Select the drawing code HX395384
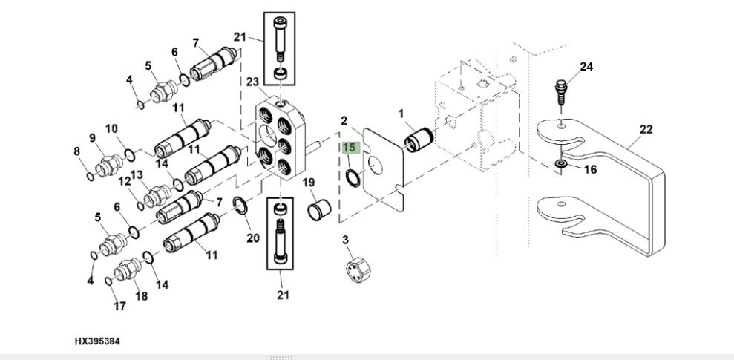(x=97, y=341)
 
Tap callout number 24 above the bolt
(x=586, y=67)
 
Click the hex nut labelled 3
(x=358, y=270)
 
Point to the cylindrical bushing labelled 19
(x=319, y=209)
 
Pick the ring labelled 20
(x=240, y=205)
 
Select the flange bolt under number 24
(x=561, y=94)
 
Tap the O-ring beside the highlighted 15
(x=353, y=178)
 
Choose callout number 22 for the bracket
(x=646, y=129)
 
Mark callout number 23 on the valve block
(x=252, y=82)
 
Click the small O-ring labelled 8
(x=90, y=177)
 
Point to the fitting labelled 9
(x=109, y=166)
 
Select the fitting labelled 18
(x=128, y=271)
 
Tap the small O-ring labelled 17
(x=108, y=281)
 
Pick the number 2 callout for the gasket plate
(x=344, y=121)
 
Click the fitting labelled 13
(x=157, y=196)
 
